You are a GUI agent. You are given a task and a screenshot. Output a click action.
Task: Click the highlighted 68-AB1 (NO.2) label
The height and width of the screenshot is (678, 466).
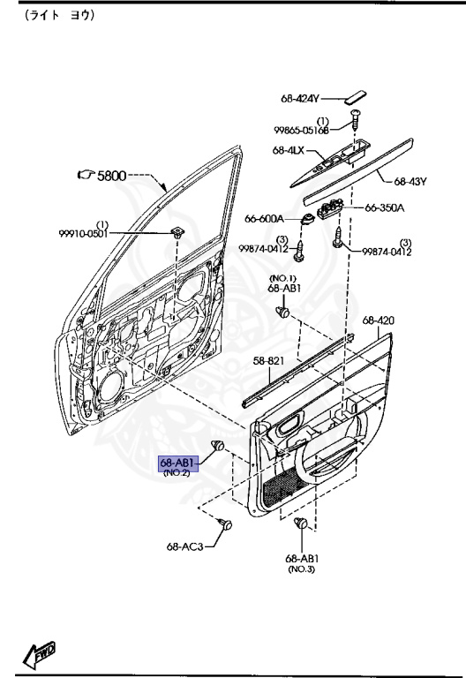coord(179,466)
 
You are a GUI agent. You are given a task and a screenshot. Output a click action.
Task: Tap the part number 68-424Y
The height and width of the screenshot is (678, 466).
coord(299,99)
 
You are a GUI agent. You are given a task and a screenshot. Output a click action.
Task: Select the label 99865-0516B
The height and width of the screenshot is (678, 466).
coord(301,130)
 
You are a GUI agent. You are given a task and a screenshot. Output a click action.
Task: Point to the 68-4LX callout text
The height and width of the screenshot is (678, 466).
coord(288,150)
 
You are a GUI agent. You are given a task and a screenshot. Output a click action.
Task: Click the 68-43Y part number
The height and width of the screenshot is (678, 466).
coord(410,182)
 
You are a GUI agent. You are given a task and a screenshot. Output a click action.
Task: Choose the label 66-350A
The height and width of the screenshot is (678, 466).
coord(385,208)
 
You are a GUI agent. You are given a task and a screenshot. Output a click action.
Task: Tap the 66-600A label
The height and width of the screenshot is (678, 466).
coord(264,219)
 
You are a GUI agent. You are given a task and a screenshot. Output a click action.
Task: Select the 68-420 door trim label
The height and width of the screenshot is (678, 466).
coord(379,320)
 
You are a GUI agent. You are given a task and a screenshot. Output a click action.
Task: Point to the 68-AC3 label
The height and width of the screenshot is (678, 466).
coord(184,546)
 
